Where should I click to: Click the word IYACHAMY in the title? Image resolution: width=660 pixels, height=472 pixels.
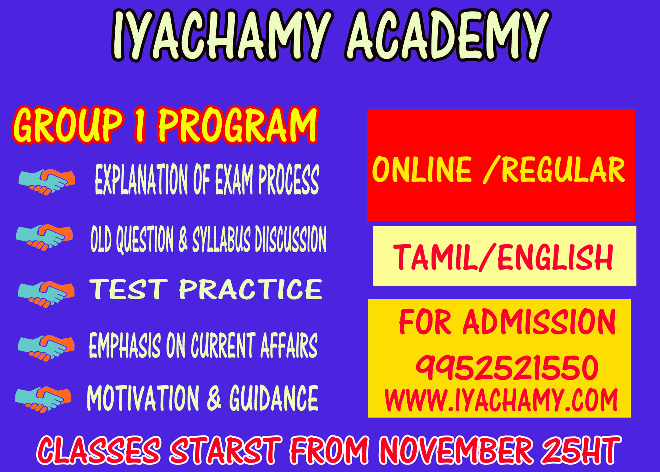[222, 35]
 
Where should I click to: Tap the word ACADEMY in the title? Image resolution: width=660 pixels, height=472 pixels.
[448, 35]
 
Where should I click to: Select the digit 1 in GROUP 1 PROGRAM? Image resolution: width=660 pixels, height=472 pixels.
[140, 125]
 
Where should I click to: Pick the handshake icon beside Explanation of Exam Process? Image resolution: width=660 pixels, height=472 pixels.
[47, 182]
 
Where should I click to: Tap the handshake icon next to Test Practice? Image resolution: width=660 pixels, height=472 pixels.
[46, 294]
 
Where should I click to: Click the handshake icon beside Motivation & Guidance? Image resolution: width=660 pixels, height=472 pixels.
[43, 399]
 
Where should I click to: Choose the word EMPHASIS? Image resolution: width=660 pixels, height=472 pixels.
[125, 345]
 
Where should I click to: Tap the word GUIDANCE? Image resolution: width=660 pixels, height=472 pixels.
[274, 398]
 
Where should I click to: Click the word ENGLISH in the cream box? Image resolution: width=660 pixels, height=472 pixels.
[555, 257]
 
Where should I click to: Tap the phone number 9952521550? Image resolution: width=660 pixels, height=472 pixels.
[507, 367]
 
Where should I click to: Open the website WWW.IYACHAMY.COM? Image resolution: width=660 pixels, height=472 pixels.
[501, 400]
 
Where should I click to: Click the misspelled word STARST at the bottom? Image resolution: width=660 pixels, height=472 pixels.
[225, 450]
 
